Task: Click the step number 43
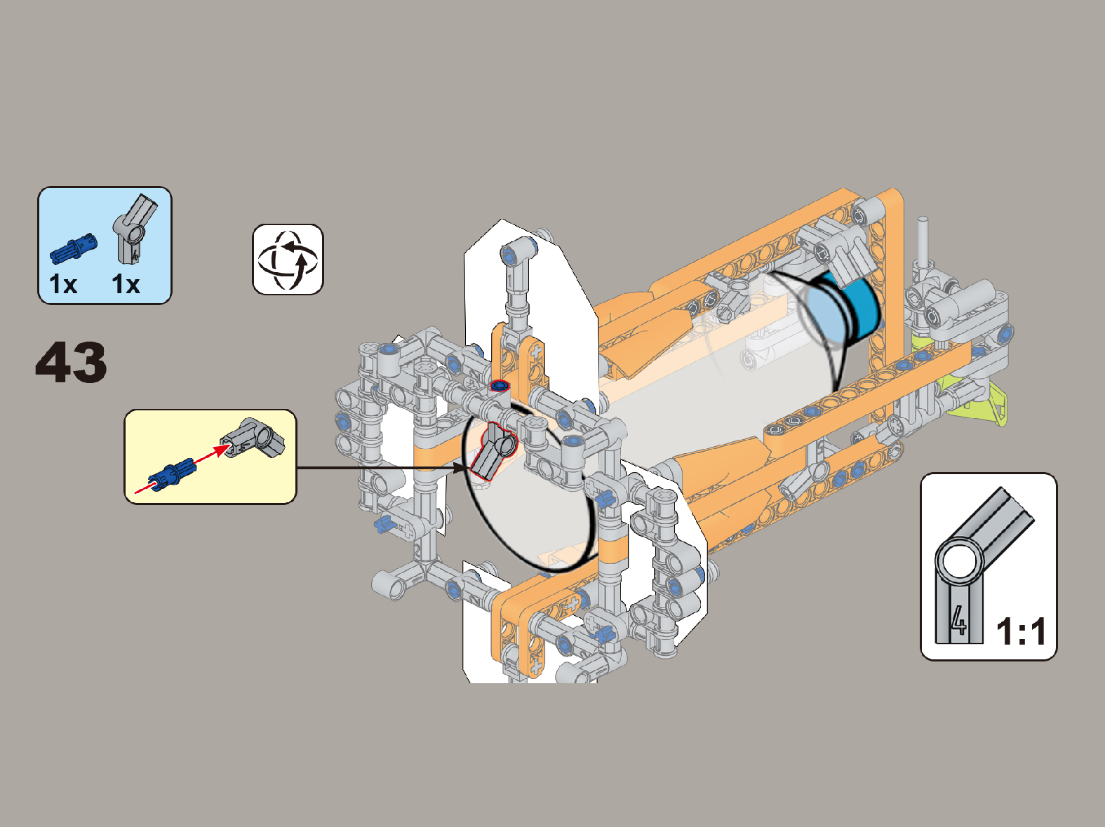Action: click(x=71, y=363)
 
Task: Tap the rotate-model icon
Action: click(x=288, y=260)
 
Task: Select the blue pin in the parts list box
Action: click(x=74, y=248)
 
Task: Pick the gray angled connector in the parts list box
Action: click(x=135, y=229)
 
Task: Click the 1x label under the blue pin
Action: click(x=63, y=284)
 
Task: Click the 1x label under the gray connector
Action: click(x=126, y=284)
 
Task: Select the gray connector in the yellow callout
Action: click(x=253, y=438)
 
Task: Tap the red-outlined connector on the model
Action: click(x=493, y=451)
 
